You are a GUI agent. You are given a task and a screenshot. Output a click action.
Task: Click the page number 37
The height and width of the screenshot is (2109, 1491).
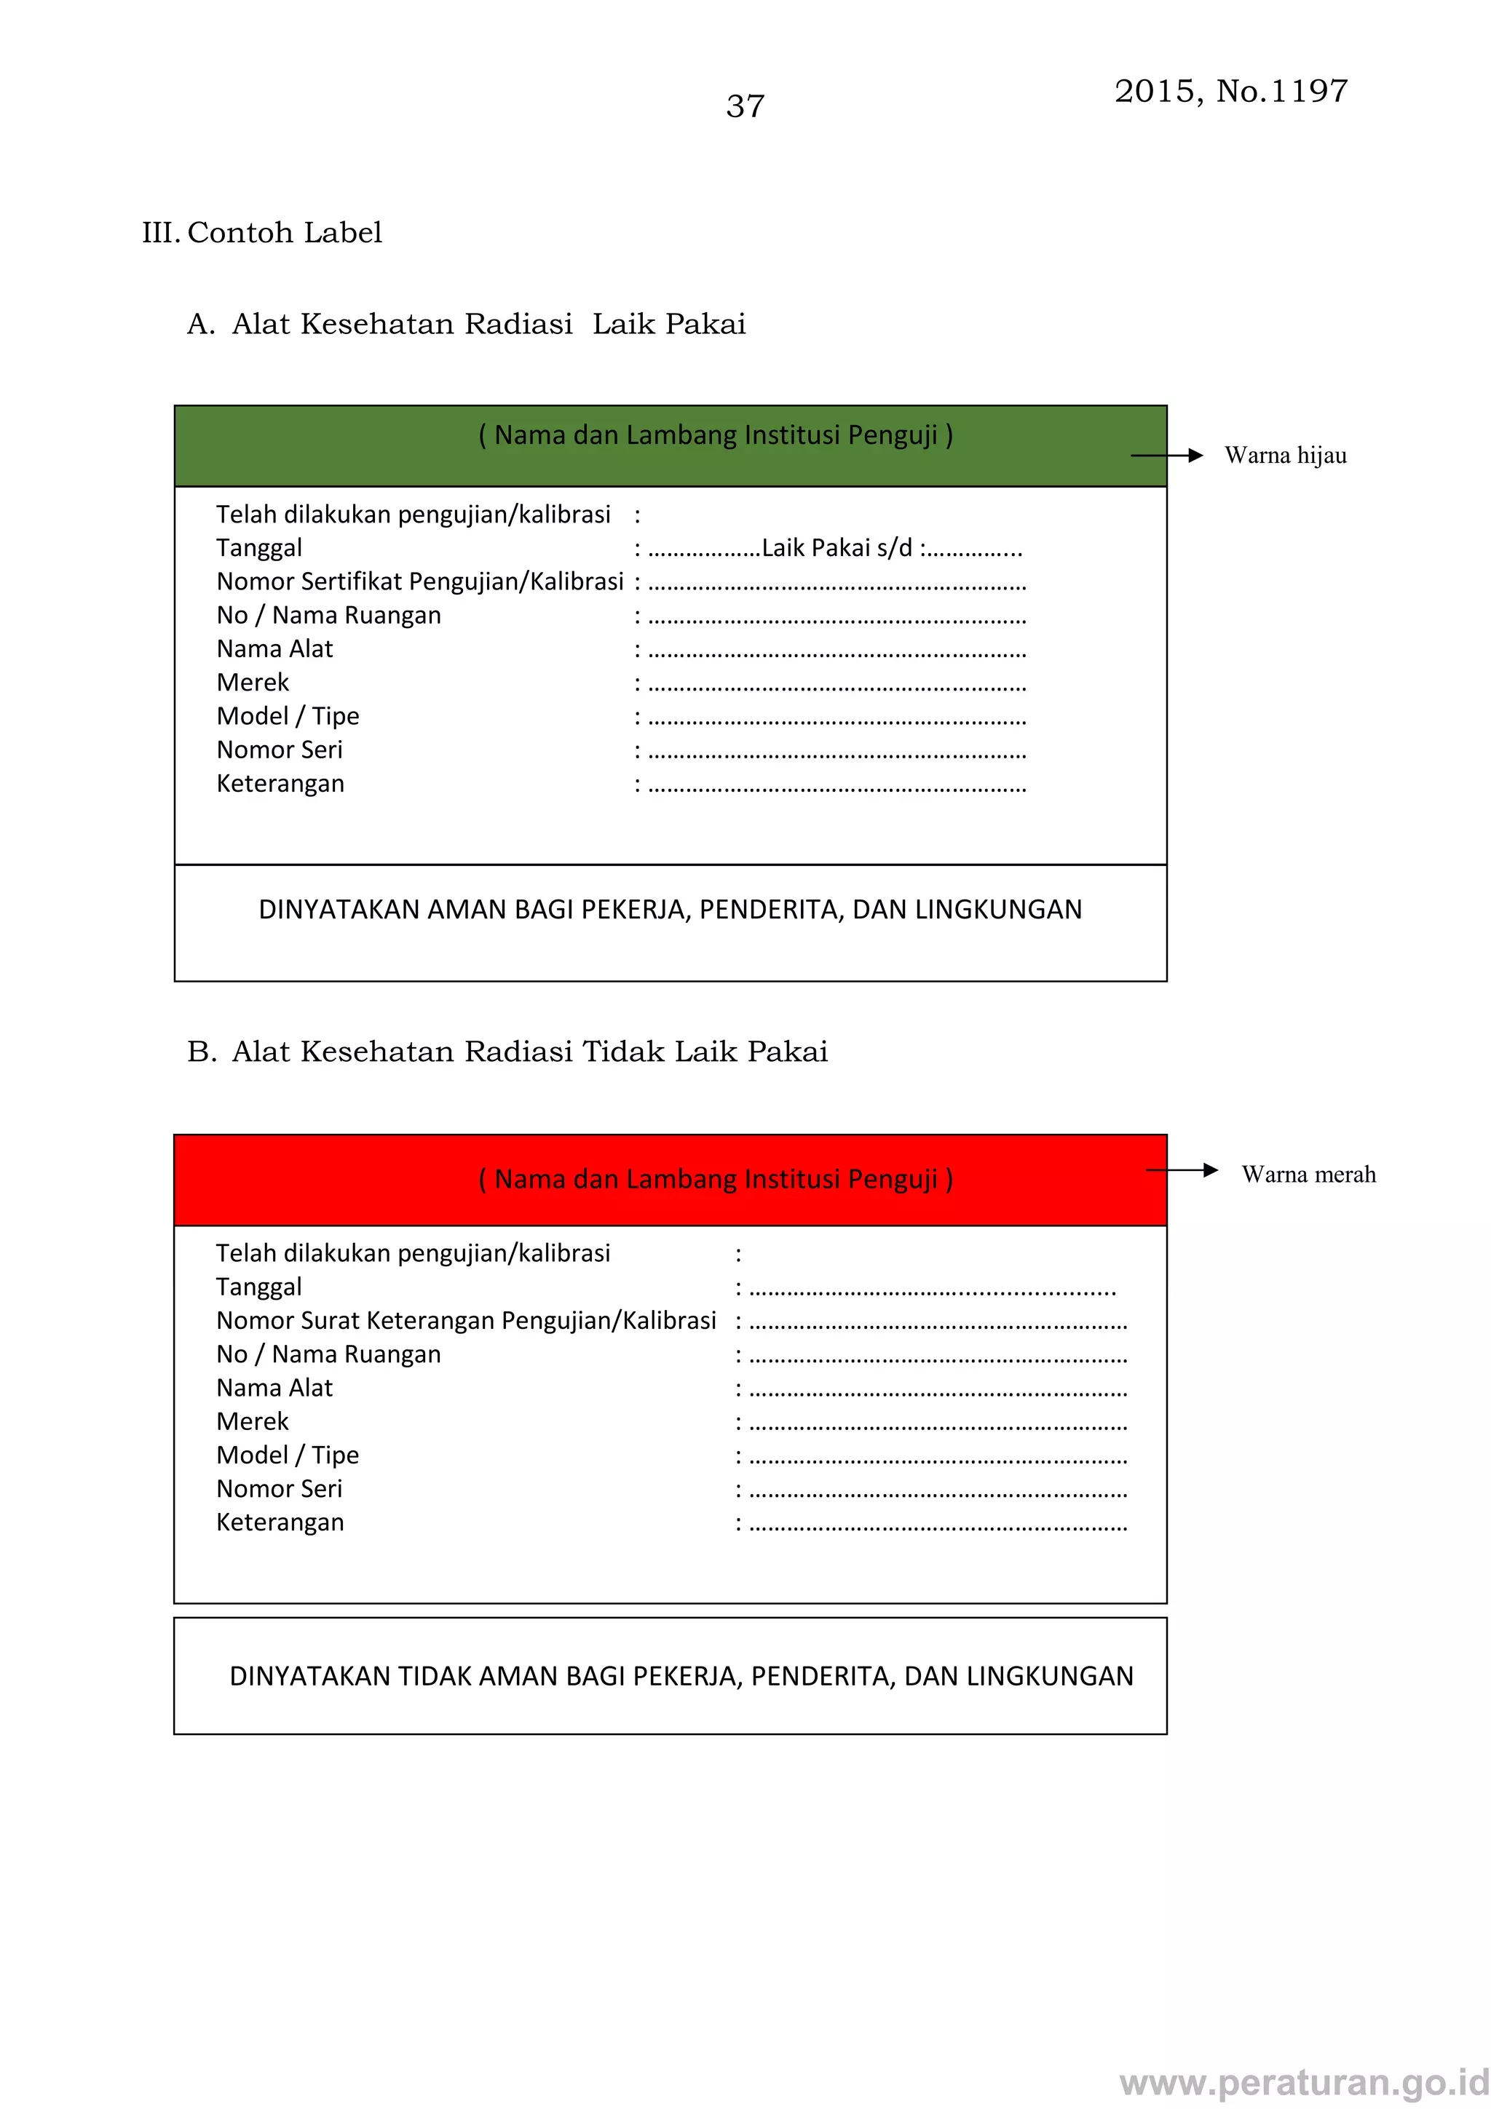click(x=744, y=106)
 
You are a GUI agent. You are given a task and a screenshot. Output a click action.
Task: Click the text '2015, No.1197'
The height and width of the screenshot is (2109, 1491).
click(x=1230, y=91)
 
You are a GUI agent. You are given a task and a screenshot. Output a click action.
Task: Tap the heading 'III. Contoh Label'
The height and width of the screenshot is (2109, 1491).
click(x=262, y=232)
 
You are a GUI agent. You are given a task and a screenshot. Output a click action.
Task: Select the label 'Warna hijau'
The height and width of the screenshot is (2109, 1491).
click(x=1284, y=456)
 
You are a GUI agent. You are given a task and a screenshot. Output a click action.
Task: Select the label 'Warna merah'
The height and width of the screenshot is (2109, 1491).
click(x=1308, y=1175)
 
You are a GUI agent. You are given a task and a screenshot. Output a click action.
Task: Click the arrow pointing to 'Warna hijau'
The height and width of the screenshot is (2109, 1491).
click(x=1167, y=456)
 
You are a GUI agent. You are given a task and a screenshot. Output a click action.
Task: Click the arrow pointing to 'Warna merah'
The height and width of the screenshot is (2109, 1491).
click(x=1182, y=1170)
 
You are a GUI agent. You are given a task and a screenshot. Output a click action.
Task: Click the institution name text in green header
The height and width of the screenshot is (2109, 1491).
click(x=716, y=435)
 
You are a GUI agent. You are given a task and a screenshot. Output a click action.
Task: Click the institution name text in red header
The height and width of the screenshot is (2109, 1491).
click(x=716, y=1180)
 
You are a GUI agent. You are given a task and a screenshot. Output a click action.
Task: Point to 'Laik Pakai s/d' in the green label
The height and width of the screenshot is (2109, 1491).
click(x=837, y=549)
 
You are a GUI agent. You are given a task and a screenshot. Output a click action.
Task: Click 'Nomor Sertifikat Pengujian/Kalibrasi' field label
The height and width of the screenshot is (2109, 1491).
click(x=420, y=582)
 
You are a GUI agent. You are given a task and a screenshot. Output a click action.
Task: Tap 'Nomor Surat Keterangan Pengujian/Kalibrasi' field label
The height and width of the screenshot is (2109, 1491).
click(x=466, y=1321)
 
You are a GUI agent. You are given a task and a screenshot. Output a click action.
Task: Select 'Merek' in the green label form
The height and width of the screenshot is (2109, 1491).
click(x=253, y=683)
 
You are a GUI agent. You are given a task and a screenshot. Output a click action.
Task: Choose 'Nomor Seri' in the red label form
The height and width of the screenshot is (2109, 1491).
click(x=280, y=1489)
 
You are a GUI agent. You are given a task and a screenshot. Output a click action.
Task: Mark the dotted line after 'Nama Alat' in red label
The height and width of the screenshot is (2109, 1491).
click(x=938, y=1392)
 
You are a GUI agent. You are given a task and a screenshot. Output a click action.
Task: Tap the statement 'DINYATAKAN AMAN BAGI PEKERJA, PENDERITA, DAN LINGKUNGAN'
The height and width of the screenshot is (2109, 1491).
click(x=670, y=910)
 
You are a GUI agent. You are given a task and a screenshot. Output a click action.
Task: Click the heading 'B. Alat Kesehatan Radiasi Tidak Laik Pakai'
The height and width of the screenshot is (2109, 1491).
click(x=507, y=1052)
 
